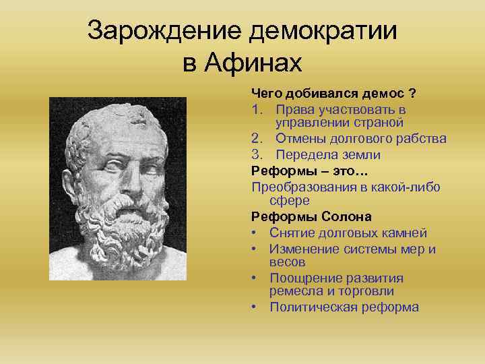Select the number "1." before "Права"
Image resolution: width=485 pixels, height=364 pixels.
tap(258, 109)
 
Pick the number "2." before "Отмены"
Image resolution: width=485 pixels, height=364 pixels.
tap(258, 139)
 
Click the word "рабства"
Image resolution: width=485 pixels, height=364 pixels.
tap(421, 139)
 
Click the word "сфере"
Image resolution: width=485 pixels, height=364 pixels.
tap(289, 200)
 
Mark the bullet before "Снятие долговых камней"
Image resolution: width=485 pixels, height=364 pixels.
tap(255, 233)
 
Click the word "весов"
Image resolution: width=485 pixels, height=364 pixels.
tap(287, 262)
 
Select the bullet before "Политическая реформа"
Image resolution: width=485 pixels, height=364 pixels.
tap(255, 307)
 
